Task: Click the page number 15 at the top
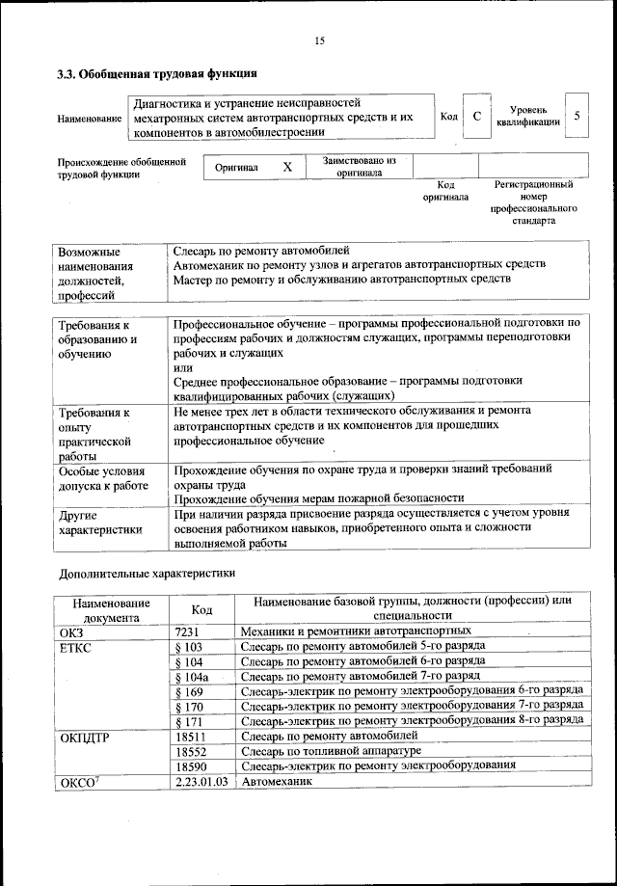(319, 40)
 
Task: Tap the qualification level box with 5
(576, 116)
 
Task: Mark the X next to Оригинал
(286, 167)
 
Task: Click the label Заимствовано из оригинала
(359, 167)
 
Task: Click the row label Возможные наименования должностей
(95, 272)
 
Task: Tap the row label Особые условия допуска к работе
(102, 478)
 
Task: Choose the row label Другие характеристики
(99, 523)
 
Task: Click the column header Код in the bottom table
(201, 609)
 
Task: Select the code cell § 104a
(194, 677)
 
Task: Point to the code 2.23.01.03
(201, 780)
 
